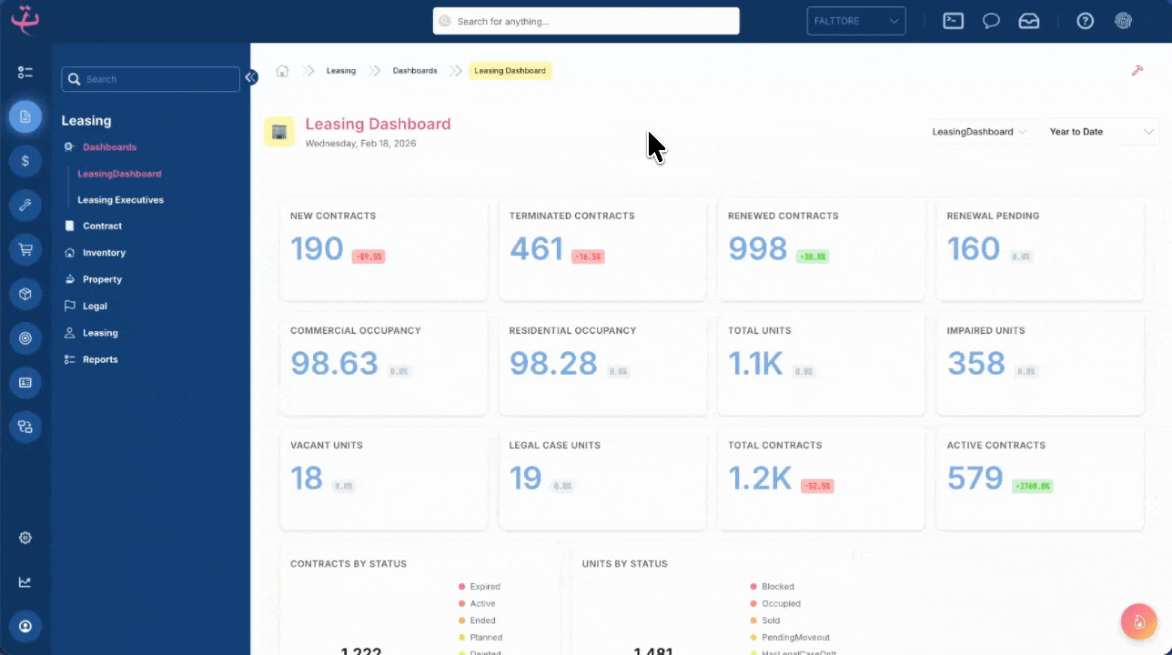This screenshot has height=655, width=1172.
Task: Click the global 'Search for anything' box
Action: (586, 21)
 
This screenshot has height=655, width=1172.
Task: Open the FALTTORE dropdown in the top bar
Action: (855, 21)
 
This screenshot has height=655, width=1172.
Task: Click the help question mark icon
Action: (1085, 21)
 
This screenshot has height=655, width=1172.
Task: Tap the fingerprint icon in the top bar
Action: (1124, 21)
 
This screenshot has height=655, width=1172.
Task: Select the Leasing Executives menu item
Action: (120, 200)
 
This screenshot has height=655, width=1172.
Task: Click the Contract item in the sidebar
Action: (102, 226)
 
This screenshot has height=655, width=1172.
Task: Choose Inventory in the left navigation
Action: (104, 253)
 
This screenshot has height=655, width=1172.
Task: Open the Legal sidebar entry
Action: (95, 307)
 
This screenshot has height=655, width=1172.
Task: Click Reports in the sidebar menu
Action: (100, 359)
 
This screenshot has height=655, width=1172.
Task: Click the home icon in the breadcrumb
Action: (282, 71)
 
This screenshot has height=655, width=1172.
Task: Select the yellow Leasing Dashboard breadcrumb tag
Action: (510, 71)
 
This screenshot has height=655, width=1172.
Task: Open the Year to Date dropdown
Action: (1102, 132)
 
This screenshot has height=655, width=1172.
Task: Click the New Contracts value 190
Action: (317, 248)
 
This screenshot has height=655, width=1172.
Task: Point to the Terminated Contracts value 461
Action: (536, 248)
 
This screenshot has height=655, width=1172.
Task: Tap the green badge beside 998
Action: (812, 257)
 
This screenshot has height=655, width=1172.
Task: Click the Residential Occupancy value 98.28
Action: (553, 363)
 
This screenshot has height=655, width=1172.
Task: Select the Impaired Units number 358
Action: (976, 363)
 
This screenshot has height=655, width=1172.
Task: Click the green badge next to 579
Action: (1032, 487)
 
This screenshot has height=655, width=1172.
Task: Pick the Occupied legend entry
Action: (781, 604)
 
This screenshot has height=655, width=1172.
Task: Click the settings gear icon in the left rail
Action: (25, 538)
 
